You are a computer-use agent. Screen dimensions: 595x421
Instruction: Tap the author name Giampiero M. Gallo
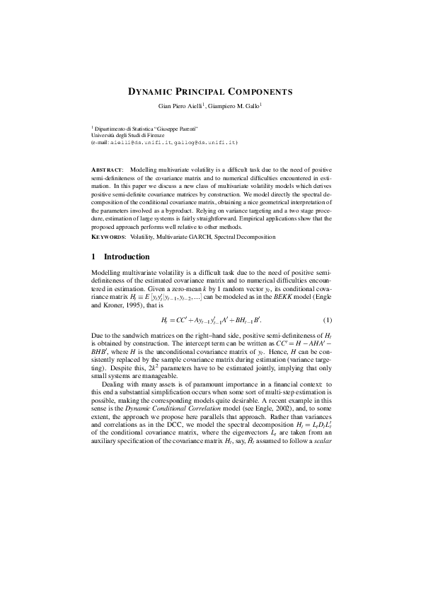coord(236,106)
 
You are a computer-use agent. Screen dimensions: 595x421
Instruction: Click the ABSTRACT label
coord(108,171)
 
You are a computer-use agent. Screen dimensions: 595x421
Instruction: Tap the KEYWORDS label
coord(110,236)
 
